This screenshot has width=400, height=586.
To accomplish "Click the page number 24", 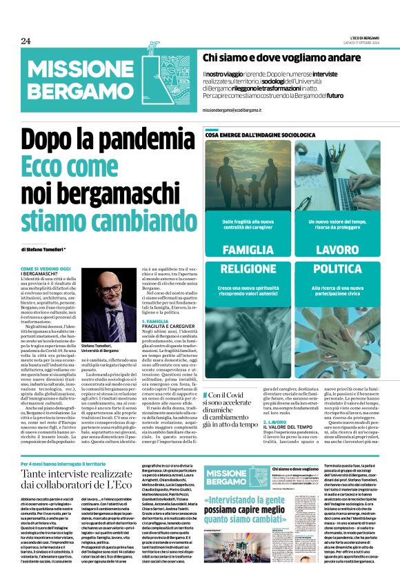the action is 26,40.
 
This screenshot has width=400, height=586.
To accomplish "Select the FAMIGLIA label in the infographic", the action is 248,248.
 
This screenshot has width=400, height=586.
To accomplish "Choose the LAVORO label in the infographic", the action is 336,248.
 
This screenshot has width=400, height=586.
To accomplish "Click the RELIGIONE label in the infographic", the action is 248,268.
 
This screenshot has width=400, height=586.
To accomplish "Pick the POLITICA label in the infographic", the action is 336,268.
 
